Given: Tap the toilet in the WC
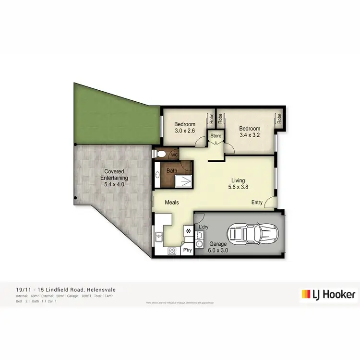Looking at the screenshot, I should [x=162, y=155].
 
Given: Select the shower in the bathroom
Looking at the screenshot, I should [x=183, y=181].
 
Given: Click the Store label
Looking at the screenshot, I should [x=216, y=136].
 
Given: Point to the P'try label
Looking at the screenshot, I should [x=187, y=251].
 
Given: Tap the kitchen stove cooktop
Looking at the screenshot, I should [x=172, y=251].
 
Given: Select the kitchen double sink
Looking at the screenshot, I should [x=158, y=237].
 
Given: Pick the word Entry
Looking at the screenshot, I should [x=257, y=203].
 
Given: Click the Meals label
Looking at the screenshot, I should [x=172, y=203].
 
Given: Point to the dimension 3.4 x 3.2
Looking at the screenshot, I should [x=250, y=135].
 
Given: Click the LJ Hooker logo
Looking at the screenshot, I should [x=328, y=294].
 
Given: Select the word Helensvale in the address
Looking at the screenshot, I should [x=101, y=289].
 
